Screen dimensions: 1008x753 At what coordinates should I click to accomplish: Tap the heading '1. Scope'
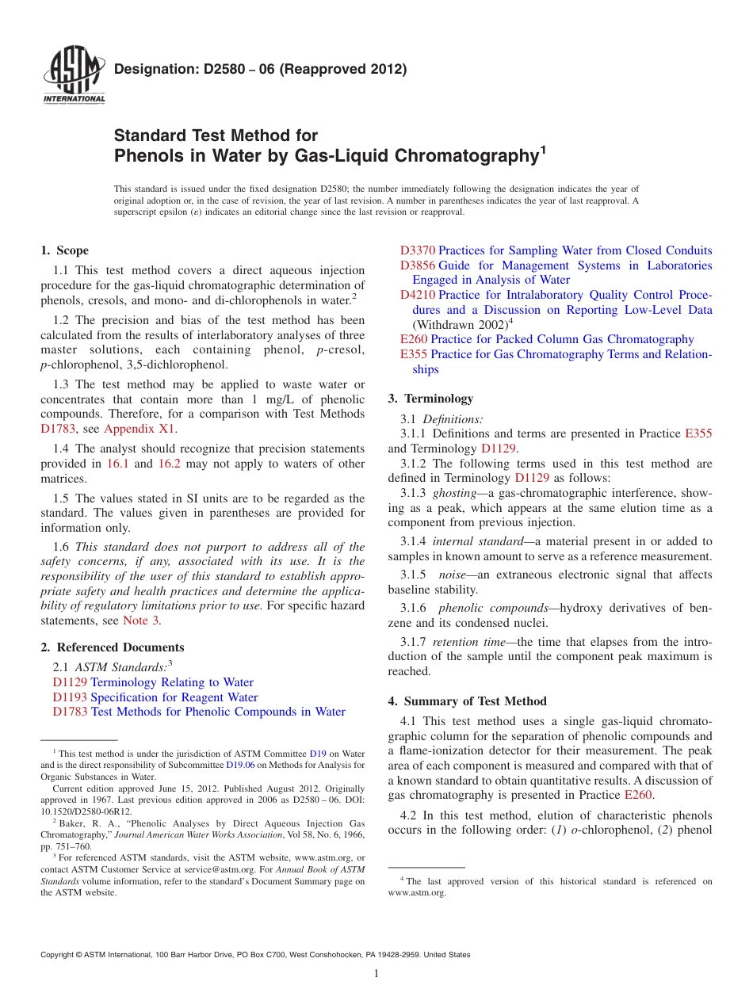coord(64,250)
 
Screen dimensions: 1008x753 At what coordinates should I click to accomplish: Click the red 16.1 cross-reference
coord(117,464)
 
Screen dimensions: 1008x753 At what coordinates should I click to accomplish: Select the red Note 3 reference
coord(140,620)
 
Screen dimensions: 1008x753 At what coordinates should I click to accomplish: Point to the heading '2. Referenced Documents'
coord(112,647)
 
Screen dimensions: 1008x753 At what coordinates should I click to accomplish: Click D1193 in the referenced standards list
coord(70,697)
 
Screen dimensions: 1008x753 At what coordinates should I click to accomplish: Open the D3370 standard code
coord(417,250)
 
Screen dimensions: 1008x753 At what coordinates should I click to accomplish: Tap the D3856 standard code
coord(417,265)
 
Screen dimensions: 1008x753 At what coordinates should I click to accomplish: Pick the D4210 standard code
coord(417,295)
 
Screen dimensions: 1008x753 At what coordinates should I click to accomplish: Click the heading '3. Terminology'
coord(430,399)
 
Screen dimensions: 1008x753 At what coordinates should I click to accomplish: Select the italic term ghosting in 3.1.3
coord(454,493)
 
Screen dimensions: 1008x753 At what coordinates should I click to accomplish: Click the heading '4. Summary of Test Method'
coord(467,701)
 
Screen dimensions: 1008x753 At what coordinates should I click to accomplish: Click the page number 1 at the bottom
coord(376,973)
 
